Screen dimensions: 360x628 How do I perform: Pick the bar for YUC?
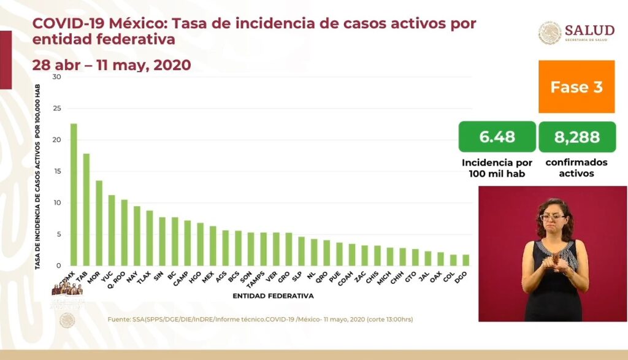pyautogui.click(x=112, y=230)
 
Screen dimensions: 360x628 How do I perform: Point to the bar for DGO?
pyautogui.click(x=465, y=260)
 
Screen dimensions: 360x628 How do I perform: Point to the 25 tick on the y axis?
pyautogui.click(x=56, y=109)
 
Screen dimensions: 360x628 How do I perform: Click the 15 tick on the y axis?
pyautogui.click(x=56, y=172)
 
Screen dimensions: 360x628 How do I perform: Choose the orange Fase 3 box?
pyautogui.click(x=576, y=86)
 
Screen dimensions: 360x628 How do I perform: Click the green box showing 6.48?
pyautogui.click(x=497, y=137)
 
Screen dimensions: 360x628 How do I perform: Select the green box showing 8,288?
pyautogui.click(x=576, y=137)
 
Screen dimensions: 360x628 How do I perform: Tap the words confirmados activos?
pyautogui.click(x=576, y=168)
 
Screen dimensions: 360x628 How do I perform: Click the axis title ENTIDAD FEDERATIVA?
pyautogui.click(x=273, y=296)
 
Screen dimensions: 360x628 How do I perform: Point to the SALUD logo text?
pyautogui.click(x=589, y=31)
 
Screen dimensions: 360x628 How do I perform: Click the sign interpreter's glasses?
pyautogui.click(x=553, y=217)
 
